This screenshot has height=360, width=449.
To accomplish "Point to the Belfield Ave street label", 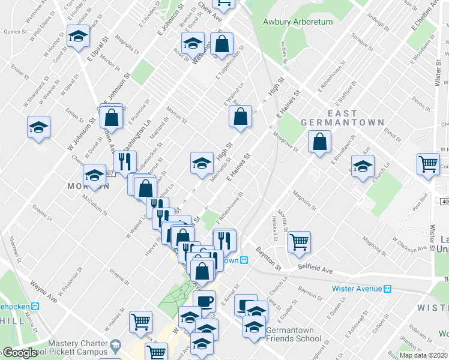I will [316, 271].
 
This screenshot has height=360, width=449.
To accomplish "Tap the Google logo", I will [20, 353].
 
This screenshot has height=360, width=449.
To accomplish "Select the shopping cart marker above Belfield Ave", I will [299, 242].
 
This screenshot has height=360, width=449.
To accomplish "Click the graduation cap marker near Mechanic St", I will [202, 162].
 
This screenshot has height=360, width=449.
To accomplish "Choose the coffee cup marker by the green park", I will [204, 300].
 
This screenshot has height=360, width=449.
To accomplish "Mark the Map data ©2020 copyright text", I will [423, 355].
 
